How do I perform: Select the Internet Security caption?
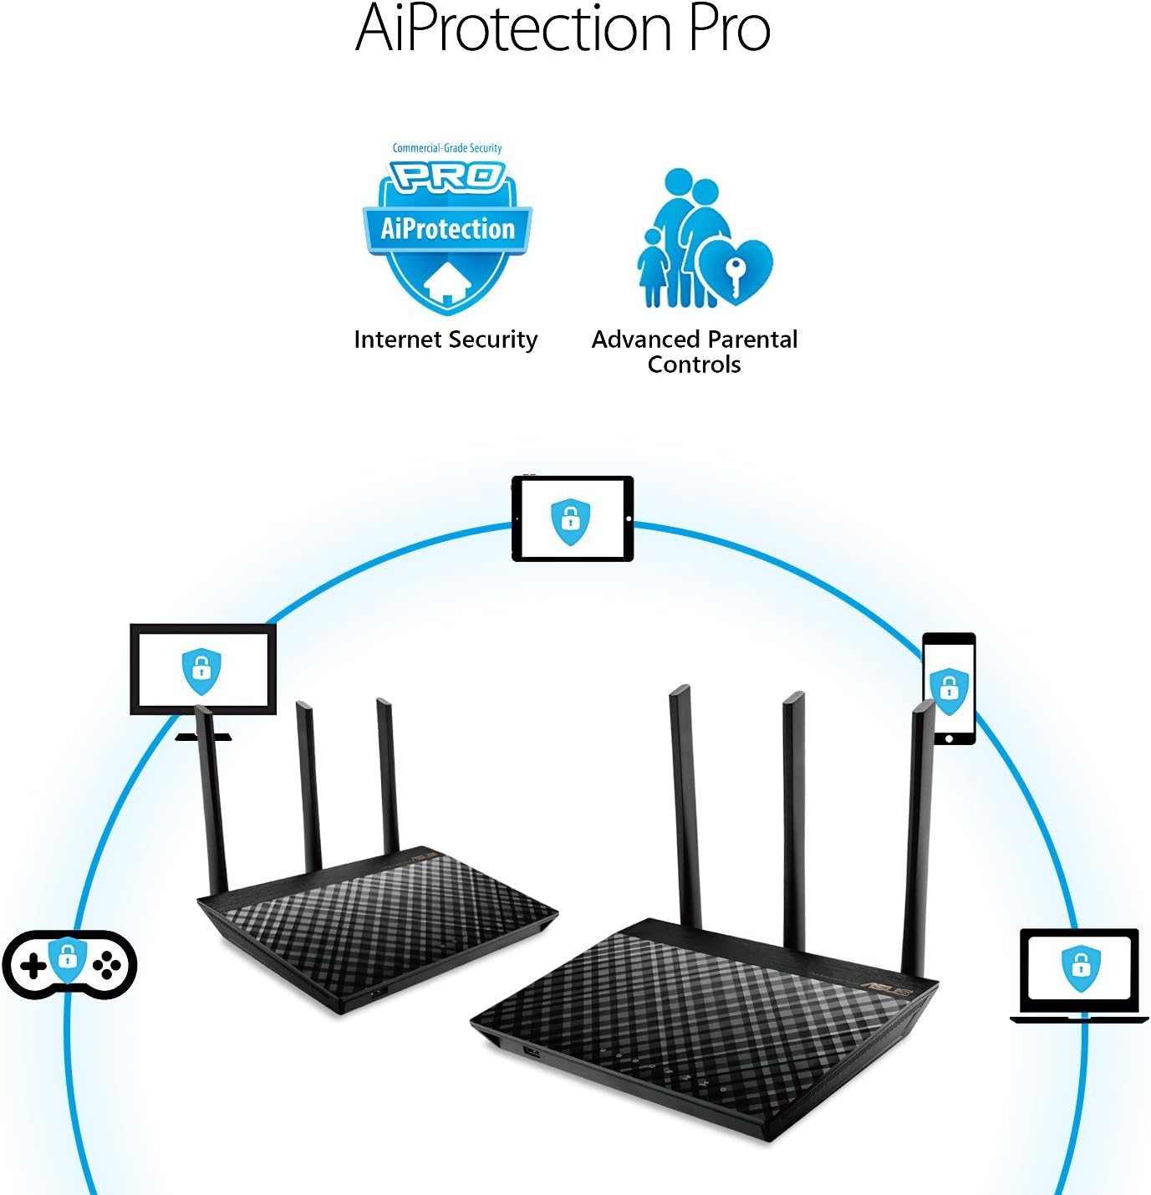[x=446, y=340]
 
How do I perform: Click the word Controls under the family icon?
[x=694, y=365]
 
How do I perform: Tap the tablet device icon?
[x=573, y=518]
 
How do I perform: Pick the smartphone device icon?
[x=949, y=687]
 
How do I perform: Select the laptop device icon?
[x=1079, y=974]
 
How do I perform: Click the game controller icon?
[x=69, y=964]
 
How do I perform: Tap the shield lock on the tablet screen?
[x=571, y=519]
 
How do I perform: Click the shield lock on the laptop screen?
[x=1081, y=967]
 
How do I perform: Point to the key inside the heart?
[x=735, y=275]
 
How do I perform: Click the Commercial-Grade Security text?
[x=447, y=148]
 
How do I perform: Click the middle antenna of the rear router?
[x=308, y=786]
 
